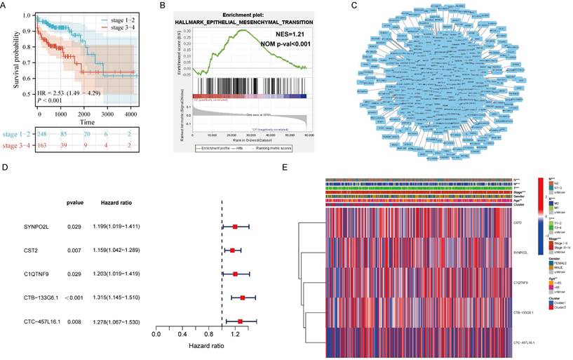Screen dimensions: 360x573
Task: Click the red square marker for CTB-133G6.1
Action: point(243,298)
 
